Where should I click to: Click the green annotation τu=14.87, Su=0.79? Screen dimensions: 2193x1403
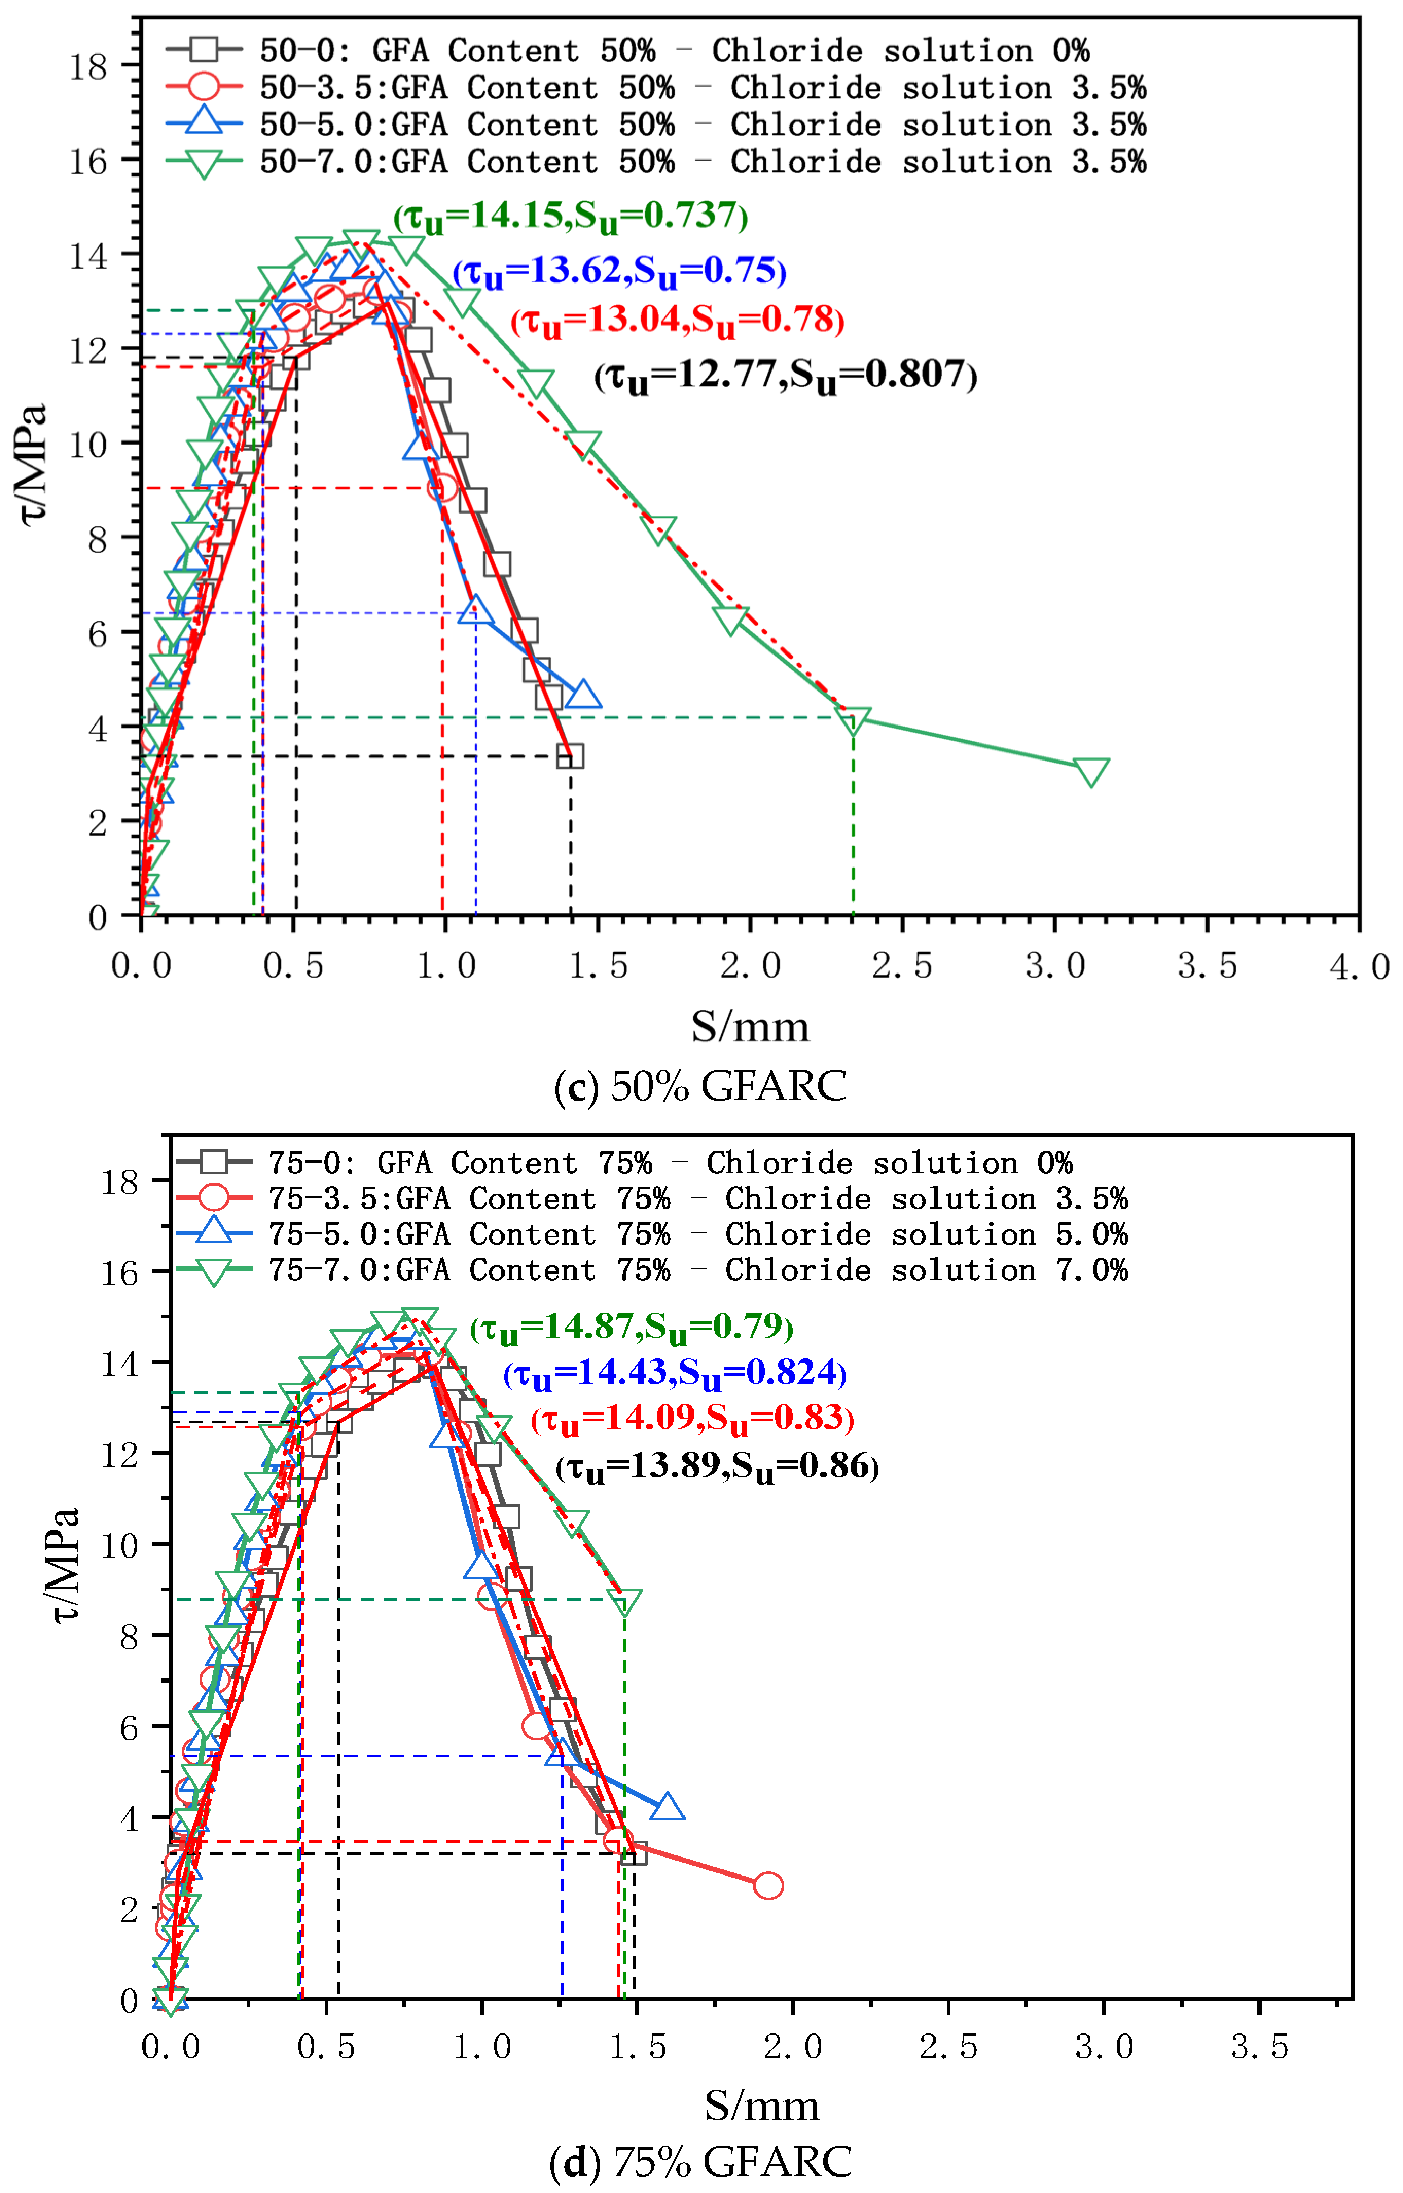point(632,1326)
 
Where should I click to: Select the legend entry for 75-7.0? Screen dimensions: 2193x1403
point(652,1270)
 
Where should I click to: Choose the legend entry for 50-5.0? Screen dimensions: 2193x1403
point(656,125)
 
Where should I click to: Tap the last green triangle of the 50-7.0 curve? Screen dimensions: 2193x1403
point(1090,771)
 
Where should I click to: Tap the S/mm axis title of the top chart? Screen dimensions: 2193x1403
point(750,1027)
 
